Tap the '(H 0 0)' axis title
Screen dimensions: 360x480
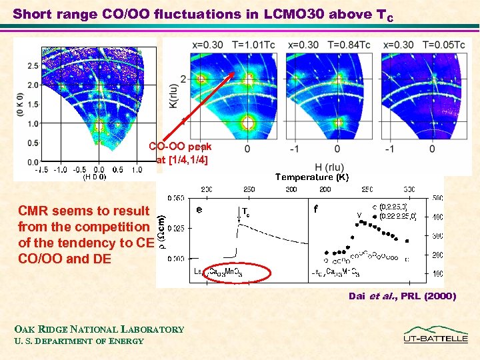[94, 177]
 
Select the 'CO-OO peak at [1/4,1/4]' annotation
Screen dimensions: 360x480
[180, 153]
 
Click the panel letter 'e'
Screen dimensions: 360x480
[200, 209]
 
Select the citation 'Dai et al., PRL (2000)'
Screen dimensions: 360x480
[402, 296]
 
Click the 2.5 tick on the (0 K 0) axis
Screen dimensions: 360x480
[33, 66]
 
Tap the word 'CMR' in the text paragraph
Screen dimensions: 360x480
[34, 211]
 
